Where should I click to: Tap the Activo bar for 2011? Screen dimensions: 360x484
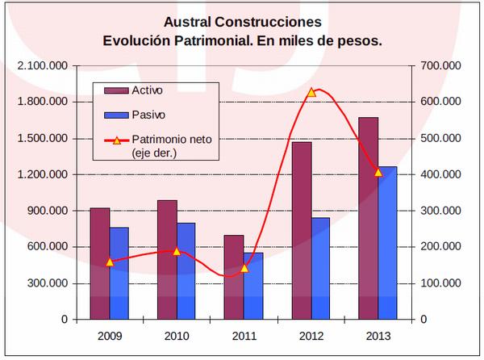tap(234, 278)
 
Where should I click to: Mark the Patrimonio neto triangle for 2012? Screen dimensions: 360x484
tap(311, 93)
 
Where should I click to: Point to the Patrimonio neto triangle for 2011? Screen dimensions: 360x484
tap(244, 268)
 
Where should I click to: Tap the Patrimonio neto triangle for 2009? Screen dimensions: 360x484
tap(110, 262)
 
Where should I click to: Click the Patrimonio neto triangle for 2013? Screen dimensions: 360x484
tap(378, 172)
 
